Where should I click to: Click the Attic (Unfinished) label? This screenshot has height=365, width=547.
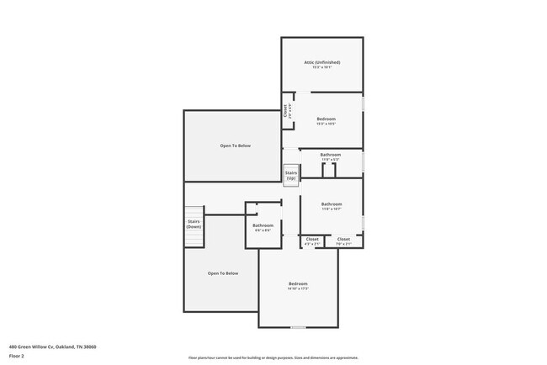[x=321, y=62]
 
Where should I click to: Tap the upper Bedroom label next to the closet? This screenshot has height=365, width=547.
[x=326, y=119]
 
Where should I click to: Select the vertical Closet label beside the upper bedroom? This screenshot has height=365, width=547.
[x=286, y=111]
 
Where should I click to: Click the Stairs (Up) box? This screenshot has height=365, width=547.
[x=291, y=175]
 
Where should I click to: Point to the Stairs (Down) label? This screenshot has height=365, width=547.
[x=194, y=225]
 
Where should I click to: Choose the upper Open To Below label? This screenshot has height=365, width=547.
[x=236, y=145]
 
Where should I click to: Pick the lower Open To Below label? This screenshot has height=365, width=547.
[x=224, y=273]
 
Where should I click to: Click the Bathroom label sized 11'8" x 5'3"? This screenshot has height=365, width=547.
[x=330, y=155]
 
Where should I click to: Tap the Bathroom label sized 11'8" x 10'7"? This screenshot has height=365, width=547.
[x=332, y=204]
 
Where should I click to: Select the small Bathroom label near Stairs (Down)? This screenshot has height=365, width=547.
[x=262, y=225]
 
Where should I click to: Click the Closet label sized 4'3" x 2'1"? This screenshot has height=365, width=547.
[x=312, y=239]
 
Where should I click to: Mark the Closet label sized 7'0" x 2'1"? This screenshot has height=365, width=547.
[x=343, y=239]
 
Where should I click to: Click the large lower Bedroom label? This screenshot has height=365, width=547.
[x=299, y=283]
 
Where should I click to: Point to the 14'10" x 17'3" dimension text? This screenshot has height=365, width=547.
[x=299, y=289]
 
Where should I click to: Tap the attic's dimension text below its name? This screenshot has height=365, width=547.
[x=321, y=68]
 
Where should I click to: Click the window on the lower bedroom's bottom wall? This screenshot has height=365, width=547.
[x=298, y=326]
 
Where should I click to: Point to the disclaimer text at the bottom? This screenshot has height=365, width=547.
[x=273, y=357]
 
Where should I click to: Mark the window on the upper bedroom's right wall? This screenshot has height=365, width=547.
[x=363, y=106]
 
